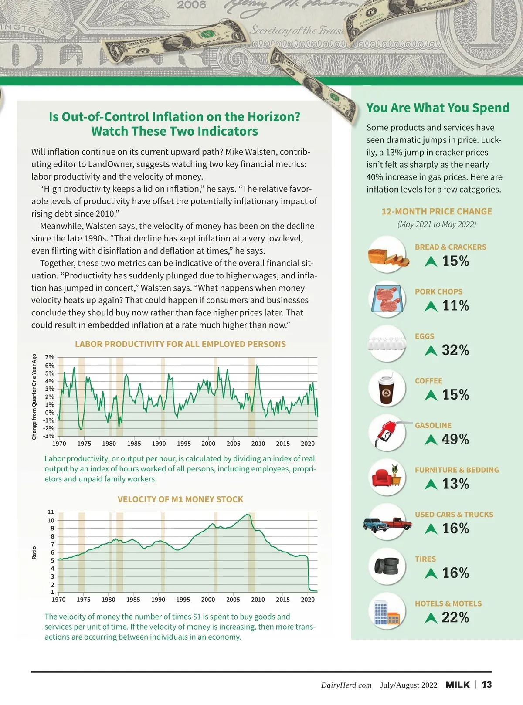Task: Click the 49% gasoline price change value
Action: [x=455, y=439]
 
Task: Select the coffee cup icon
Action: [x=386, y=388]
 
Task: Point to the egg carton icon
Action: [x=387, y=343]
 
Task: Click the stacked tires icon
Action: [x=387, y=566]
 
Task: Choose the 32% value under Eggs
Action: [x=455, y=350]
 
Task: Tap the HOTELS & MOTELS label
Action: [x=448, y=603]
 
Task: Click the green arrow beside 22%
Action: [x=431, y=617]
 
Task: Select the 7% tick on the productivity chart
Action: [x=50, y=357]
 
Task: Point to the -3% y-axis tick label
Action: [x=49, y=436]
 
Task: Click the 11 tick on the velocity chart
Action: [x=51, y=512]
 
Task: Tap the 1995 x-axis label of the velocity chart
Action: [x=183, y=600]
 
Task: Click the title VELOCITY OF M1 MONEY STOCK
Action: [x=180, y=499]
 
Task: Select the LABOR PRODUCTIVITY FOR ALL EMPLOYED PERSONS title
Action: [x=180, y=344]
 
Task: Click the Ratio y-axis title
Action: [x=34, y=552]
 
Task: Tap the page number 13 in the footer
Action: [x=487, y=685]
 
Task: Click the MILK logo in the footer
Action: [x=458, y=685]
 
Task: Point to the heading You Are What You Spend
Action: [x=438, y=108]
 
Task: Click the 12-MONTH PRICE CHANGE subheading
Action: [x=437, y=211]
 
